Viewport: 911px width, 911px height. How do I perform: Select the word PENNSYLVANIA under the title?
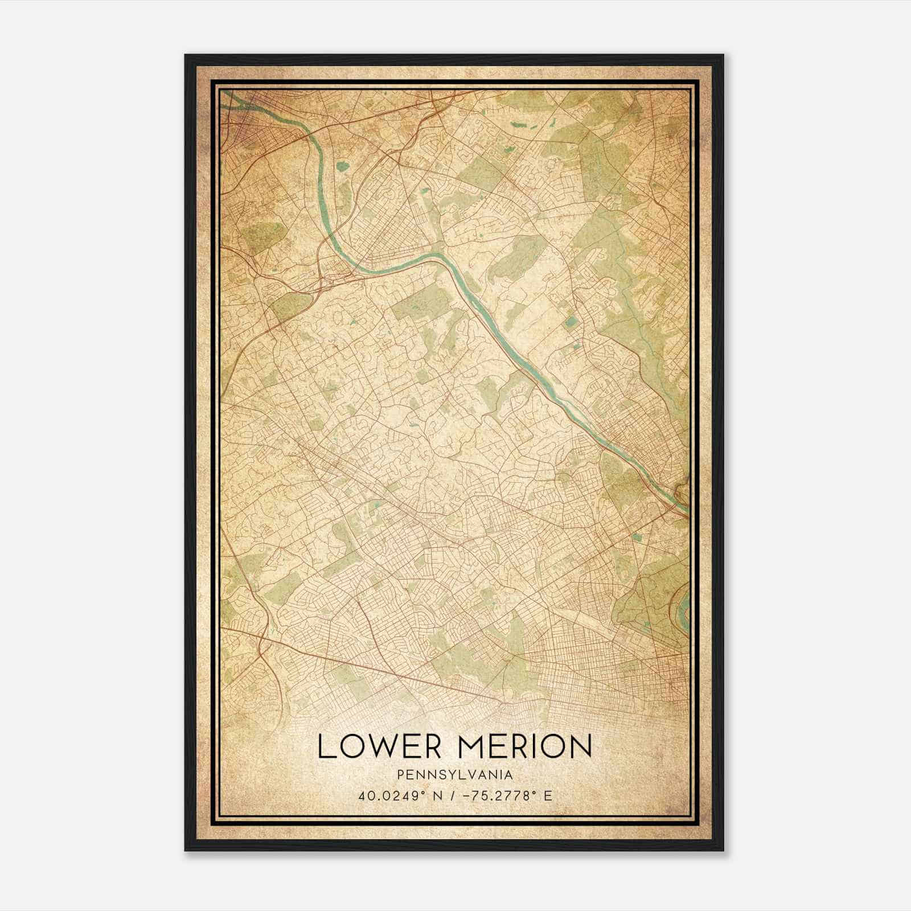tap(455, 775)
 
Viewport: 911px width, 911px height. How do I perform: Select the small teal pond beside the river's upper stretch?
tap(342, 167)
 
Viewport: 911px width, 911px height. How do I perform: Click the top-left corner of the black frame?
tap(186, 55)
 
